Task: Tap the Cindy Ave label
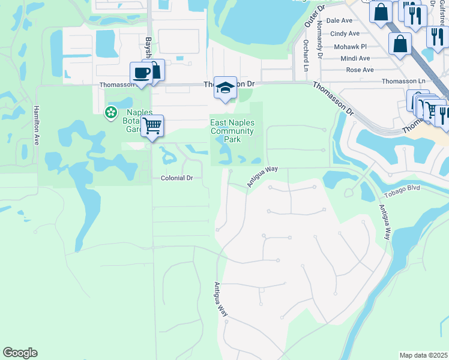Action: point(345,34)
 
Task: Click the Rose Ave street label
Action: point(360,70)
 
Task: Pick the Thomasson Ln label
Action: point(403,81)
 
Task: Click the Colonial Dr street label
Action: point(177,178)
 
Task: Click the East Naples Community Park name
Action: point(232,131)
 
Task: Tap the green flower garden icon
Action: point(110,112)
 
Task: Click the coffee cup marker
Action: point(142,73)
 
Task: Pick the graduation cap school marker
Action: point(225,88)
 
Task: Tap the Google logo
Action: point(20,353)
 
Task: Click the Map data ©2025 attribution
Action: point(423,355)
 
